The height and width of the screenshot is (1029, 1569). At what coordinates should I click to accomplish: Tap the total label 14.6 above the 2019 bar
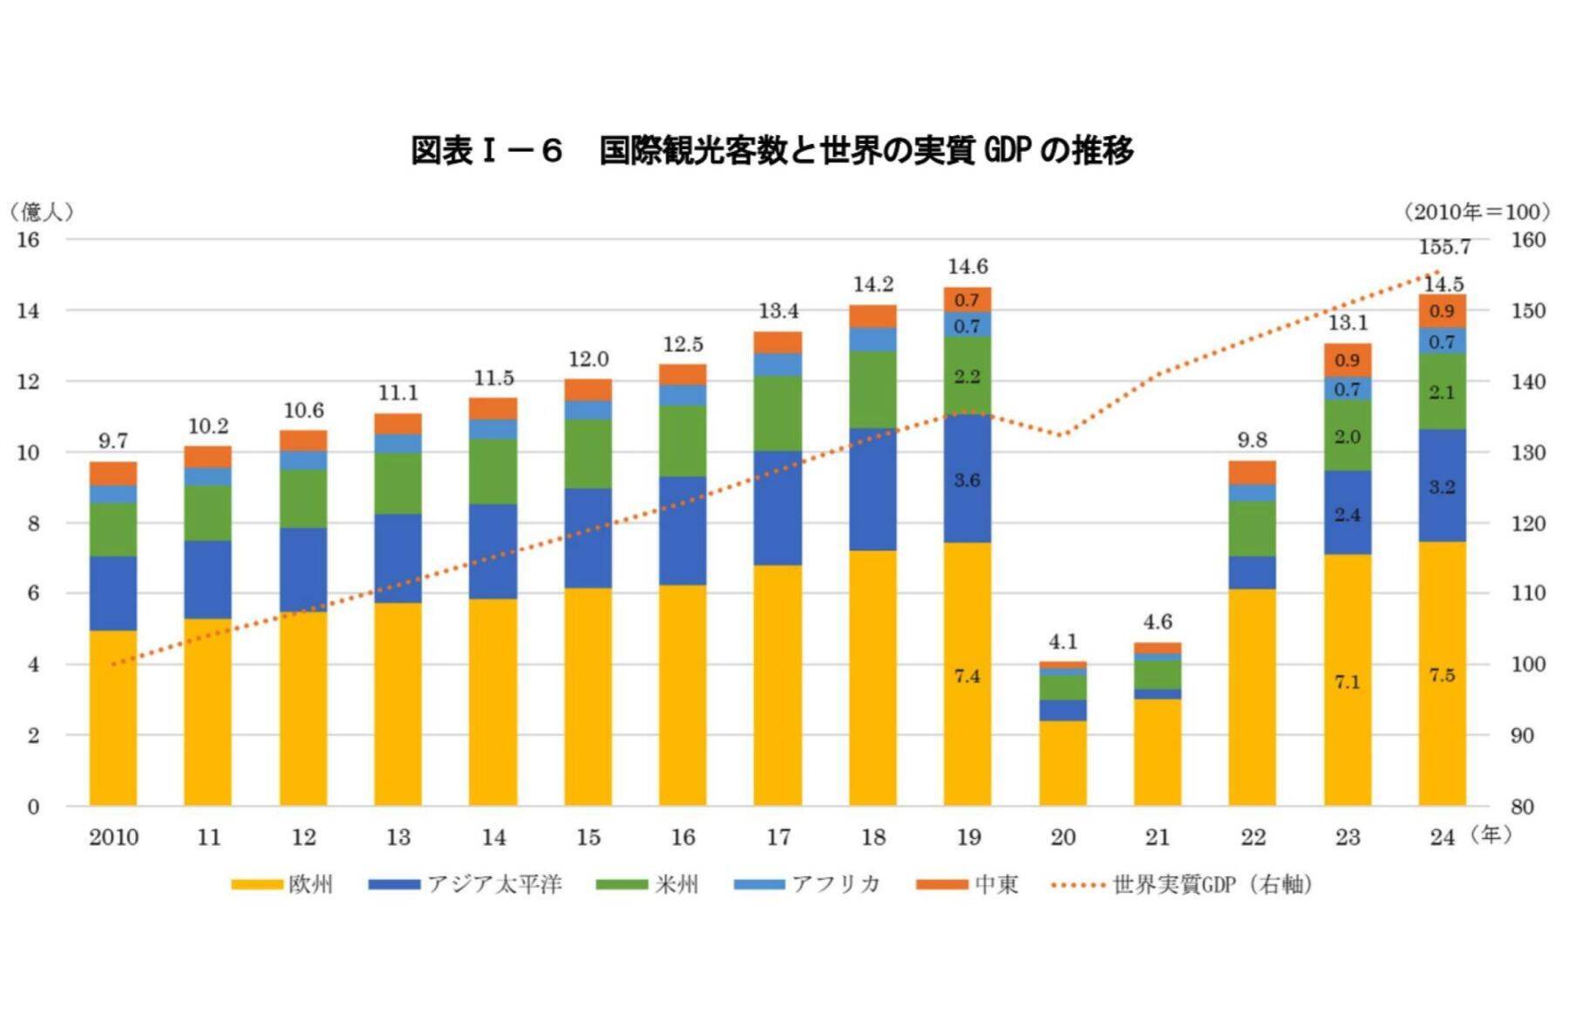(x=968, y=267)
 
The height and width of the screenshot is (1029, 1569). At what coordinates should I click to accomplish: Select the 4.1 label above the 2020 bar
(x=1063, y=642)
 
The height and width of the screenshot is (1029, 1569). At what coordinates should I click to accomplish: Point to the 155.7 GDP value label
(x=1444, y=247)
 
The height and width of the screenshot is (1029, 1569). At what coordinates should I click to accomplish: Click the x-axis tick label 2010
(x=113, y=837)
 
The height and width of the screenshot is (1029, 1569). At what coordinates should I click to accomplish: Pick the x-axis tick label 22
(x=1253, y=837)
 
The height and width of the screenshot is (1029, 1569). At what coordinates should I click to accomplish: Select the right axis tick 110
(x=1529, y=594)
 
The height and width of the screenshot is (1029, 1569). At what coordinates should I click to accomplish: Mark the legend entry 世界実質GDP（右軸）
(x=1182, y=884)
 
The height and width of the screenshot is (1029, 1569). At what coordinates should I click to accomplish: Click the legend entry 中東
(x=968, y=884)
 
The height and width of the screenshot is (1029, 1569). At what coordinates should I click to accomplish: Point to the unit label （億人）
(x=41, y=211)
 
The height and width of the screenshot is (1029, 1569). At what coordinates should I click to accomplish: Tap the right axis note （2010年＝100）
(x=1477, y=211)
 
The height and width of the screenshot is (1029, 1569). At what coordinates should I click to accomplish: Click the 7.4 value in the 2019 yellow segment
(x=967, y=676)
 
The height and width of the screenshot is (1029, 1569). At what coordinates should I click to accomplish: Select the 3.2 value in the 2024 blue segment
(x=1442, y=487)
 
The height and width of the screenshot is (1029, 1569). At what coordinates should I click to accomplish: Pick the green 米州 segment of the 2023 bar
(x=1347, y=436)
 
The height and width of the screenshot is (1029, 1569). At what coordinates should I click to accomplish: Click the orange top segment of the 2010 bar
(x=113, y=473)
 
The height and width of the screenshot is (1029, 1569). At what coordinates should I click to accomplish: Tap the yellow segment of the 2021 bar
(x=1158, y=752)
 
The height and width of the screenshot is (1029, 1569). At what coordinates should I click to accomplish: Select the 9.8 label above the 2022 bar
(x=1252, y=440)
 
